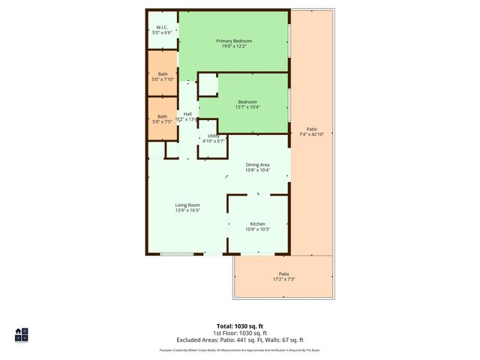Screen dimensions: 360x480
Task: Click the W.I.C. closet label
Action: click(162, 28)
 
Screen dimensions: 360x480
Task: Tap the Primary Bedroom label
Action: click(233, 40)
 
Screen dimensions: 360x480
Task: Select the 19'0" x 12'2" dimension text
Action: click(233, 46)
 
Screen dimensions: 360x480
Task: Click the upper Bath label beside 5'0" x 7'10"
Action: click(162, 73)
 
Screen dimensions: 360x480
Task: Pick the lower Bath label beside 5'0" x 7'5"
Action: click(162, 115)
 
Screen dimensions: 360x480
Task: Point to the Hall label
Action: click(187, 114)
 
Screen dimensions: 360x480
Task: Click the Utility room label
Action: click(213, 136)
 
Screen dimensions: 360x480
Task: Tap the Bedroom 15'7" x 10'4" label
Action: click(247, 102)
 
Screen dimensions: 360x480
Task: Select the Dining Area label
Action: click(257, 165)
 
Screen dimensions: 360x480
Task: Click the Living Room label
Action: click(187, 205)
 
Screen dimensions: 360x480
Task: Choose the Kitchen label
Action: click(257, 224)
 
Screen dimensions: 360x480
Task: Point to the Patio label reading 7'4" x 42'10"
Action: click(310, 129)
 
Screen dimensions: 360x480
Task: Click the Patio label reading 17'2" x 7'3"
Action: click(283, 274)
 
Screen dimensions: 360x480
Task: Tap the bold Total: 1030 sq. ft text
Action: click(239, 326)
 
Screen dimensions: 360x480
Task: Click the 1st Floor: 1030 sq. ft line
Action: click(239, 333)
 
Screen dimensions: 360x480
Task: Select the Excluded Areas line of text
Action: click(239, 340)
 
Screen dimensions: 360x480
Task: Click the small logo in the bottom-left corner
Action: click(21, 334)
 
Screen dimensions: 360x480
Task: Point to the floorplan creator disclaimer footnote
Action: click(239, 349)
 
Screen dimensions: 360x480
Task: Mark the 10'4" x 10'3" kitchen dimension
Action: click(257, 229)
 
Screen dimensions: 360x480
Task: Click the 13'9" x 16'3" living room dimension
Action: click(187, 211)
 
